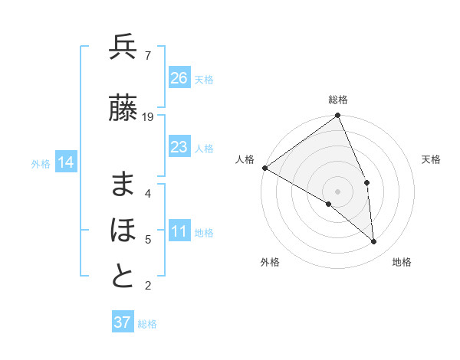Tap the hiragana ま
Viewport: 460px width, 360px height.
tap(123, 183)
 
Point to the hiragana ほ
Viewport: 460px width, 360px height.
tap(123, 230)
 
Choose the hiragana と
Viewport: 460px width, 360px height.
tap(123, 277)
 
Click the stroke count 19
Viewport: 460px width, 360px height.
tap(148, 117)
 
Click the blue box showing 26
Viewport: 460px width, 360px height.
tap(179, 78)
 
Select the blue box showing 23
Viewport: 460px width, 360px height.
tap(179, 147)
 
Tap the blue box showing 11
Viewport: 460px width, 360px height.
tap(179, 232)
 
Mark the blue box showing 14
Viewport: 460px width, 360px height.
tap(65, 162)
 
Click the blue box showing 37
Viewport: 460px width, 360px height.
tap(122, 322)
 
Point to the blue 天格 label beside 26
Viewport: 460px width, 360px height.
tap(204, 79)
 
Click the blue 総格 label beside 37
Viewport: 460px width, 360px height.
tap(147, 324)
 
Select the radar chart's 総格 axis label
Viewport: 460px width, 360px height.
tap(338, 100)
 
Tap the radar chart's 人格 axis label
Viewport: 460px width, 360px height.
tap(245, 159)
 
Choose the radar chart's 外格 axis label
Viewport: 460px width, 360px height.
tap(270, 263)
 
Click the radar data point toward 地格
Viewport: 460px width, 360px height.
tap(374, 242)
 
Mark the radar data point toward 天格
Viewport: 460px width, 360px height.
tap(366, 183)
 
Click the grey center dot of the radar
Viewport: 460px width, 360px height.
tap(337, 191)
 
